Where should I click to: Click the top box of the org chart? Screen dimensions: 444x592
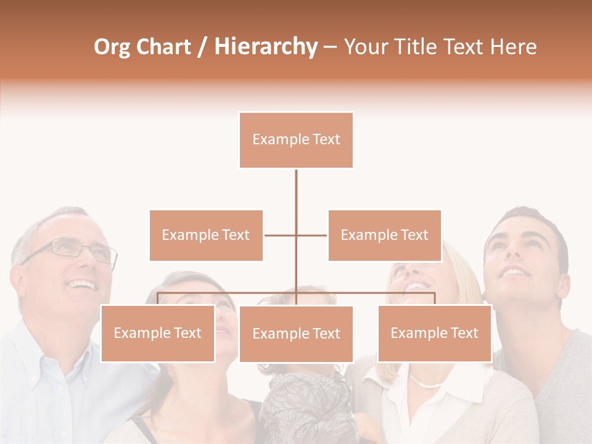coord(296,140)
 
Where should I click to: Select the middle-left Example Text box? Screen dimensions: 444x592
coord(206,235)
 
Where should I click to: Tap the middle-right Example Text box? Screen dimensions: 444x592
coord(384,235)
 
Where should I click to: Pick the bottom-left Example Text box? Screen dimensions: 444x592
coord(158,333)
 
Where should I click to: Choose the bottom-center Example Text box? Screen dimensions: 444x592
coord(296,334)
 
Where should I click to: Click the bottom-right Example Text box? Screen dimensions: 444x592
coord(434,333)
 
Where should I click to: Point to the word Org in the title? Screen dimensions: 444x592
coord(112,47)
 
